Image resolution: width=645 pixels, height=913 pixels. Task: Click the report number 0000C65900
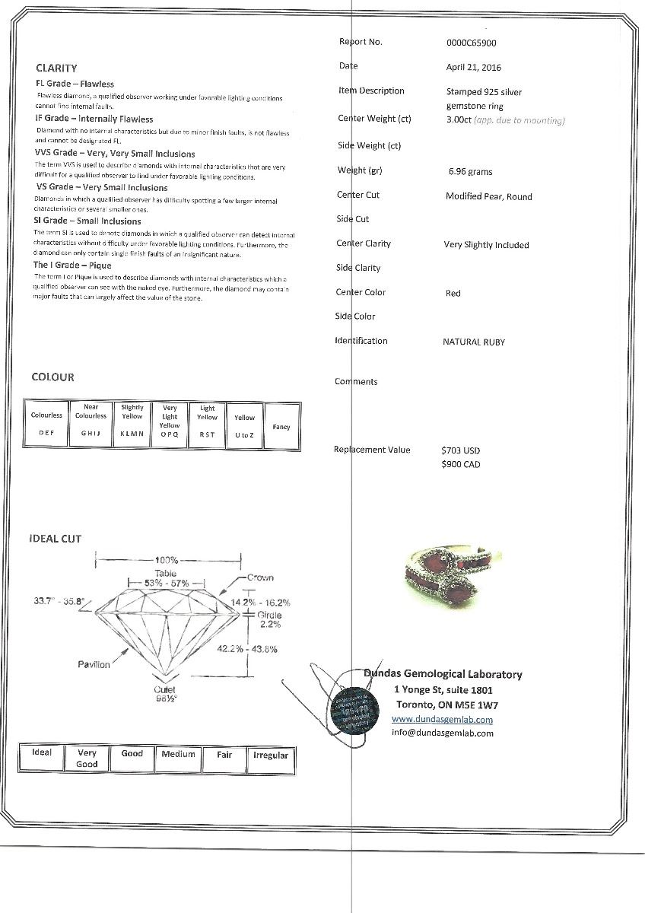[x=472, y=43]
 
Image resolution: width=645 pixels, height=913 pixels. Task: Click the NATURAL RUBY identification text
[x=473, y=342]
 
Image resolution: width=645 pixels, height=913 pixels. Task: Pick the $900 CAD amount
[x=461, y=464]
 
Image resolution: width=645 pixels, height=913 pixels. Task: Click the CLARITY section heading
[x=56, y=68]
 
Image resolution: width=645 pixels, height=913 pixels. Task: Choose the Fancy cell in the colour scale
[x=281, y=427]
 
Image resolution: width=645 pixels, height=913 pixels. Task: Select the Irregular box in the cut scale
[x=271, y=756]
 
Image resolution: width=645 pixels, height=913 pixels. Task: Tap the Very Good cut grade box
[x=87, y=759]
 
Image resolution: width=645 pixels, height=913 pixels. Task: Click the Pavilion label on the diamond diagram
[x=94, y=664]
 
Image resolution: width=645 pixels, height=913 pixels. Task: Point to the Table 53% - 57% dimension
[x=165, y=577]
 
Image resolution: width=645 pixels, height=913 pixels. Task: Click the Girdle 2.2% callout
[x=269, y=619]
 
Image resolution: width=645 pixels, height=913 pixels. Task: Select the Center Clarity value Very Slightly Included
[x=486, y=245]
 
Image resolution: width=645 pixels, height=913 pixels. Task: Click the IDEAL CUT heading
[x=55, y=539]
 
